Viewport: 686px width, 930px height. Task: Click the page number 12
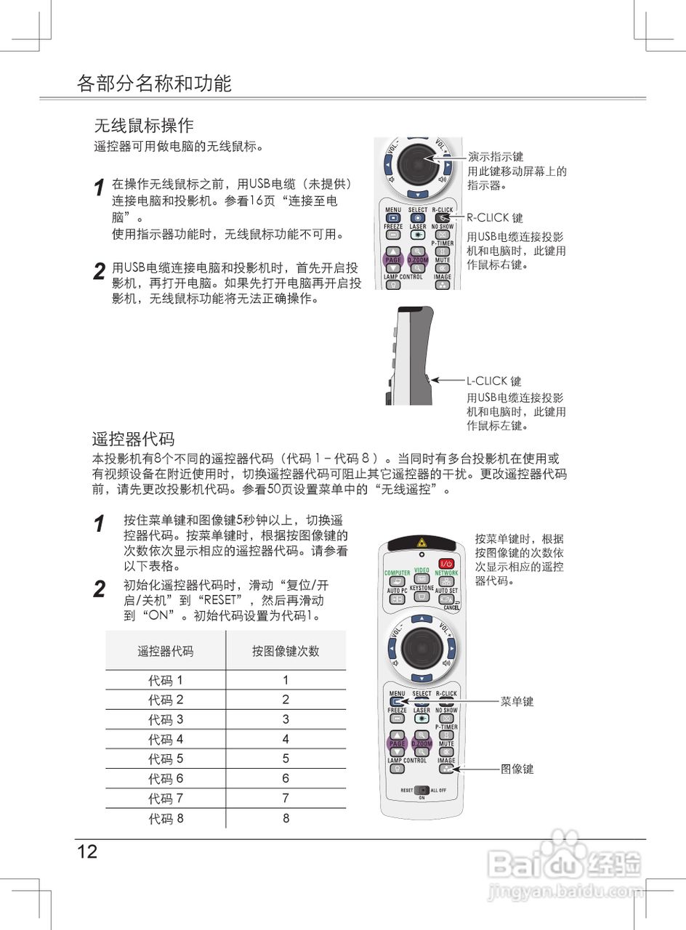tap(87, 852)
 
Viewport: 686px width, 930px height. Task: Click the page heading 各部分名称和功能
tap(154, 84)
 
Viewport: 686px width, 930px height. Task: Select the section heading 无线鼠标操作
tap(144, 126)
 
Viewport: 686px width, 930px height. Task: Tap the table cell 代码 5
tap(166, 759)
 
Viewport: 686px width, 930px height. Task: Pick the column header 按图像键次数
tap(286, 651)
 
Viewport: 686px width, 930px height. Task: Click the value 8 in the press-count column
tap(286, 818)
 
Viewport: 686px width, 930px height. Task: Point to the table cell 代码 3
tap(166, 720)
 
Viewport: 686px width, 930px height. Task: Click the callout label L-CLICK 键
tap(494, 381)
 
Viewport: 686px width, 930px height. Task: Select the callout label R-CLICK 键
tap(495, 217)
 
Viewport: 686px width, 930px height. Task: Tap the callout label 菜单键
tap(517, 702)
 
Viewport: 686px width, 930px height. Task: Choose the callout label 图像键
tap(517, 769)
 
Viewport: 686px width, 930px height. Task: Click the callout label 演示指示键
tap(496, 156)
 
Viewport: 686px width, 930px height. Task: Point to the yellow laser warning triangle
tap(421, 543)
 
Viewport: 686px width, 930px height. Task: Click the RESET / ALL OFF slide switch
tap(421, 790)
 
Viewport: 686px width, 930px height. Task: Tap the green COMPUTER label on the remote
tap(397, 573)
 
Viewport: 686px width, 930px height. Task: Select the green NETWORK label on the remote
tap(446, 573)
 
